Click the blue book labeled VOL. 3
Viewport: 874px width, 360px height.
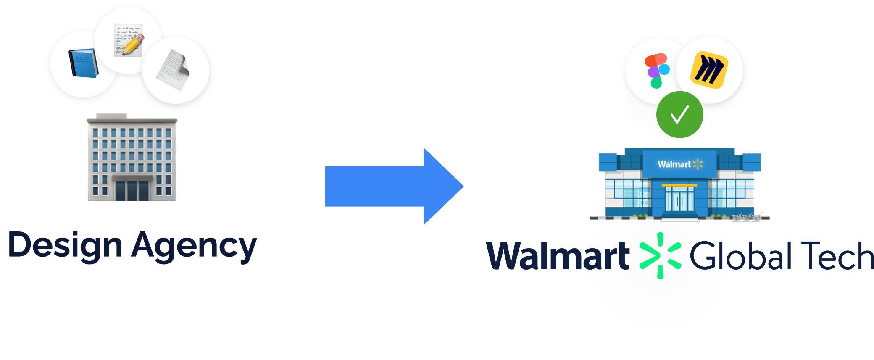point(83,63)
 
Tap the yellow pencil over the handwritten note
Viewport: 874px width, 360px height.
point(134,44)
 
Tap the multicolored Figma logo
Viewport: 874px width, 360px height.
point(656,71)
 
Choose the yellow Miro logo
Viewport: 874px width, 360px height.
point(709,69)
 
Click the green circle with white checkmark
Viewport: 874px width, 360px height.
point(679,115)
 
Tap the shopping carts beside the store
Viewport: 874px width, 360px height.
point(746,217)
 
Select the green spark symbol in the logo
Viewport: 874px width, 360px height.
point(660,256)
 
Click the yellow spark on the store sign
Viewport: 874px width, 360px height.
point(698,164)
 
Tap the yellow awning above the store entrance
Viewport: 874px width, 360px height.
point(679,185)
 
